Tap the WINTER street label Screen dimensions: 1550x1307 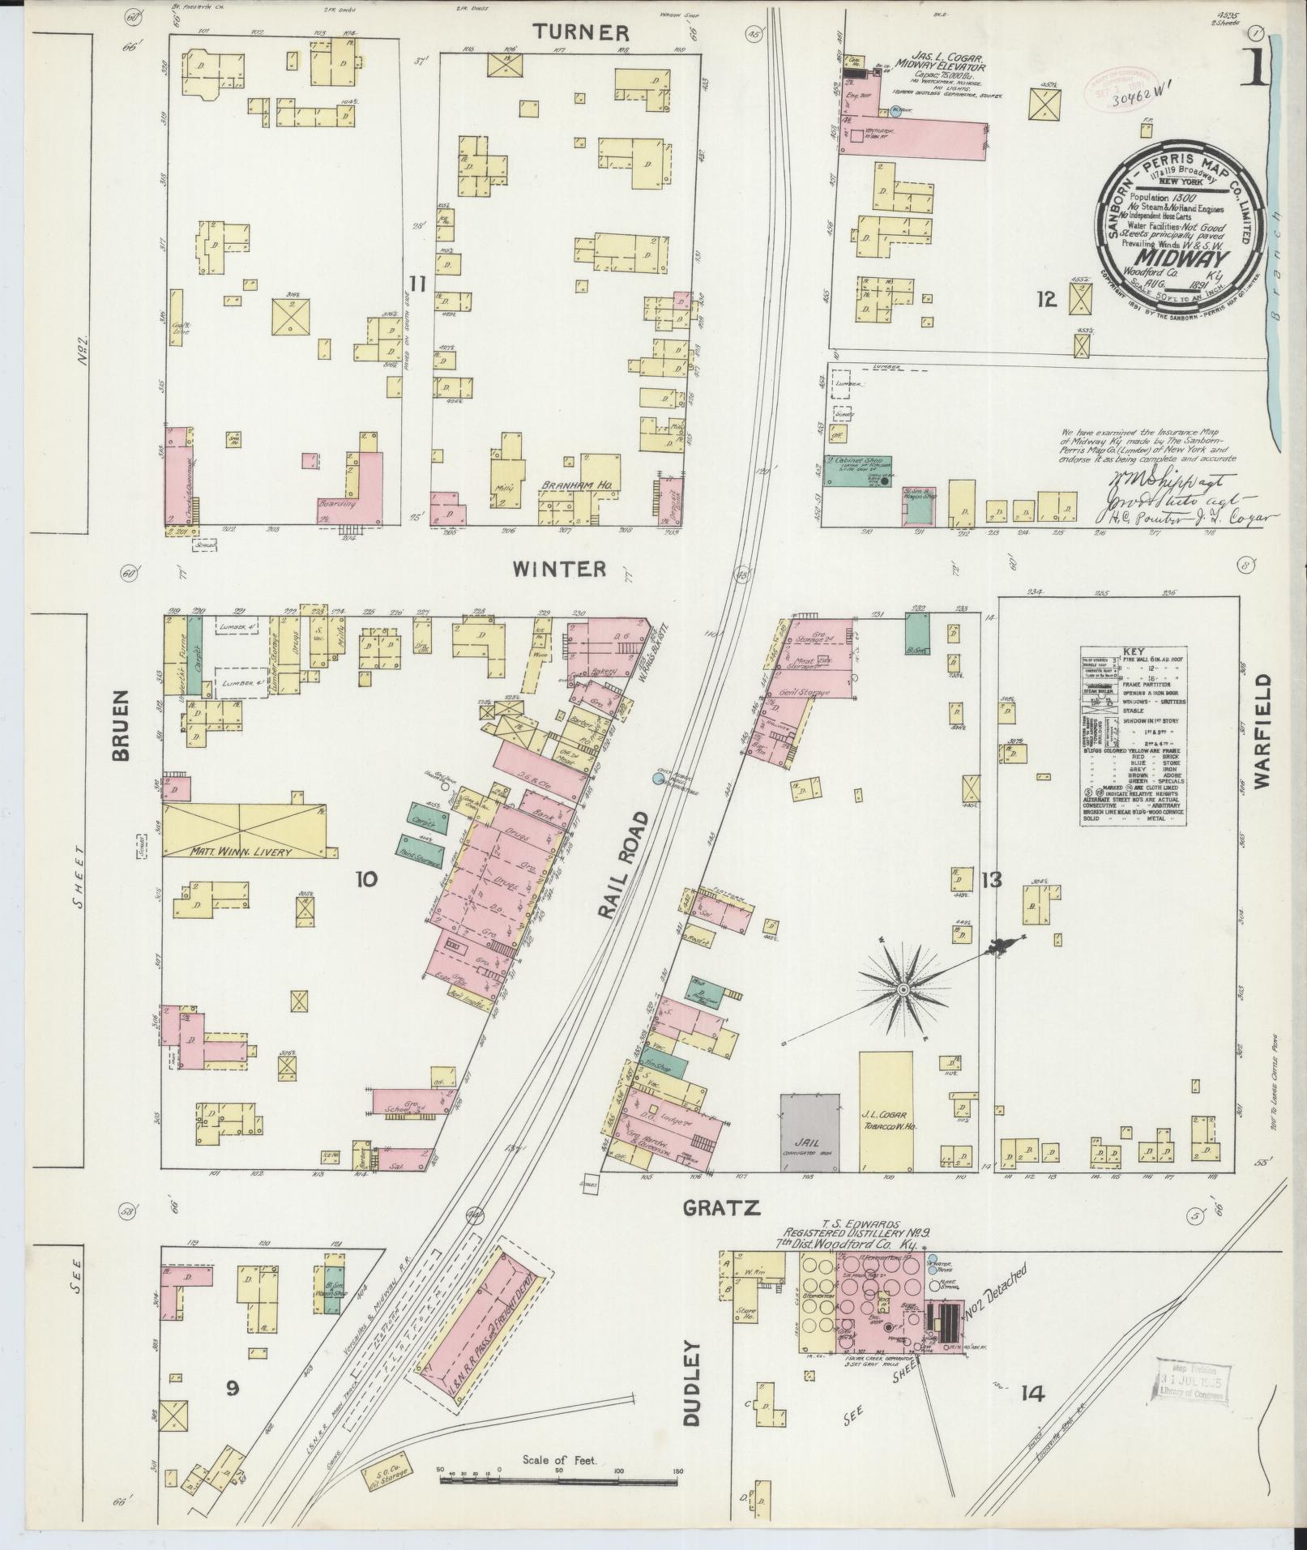[x=559, y=569]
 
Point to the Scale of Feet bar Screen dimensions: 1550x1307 [x=559, y=1479]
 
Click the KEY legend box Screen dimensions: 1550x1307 [x=1134, y=736]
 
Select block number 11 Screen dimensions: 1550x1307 [x=417, y=283]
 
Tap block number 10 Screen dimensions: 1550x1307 [x=365, y=878]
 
